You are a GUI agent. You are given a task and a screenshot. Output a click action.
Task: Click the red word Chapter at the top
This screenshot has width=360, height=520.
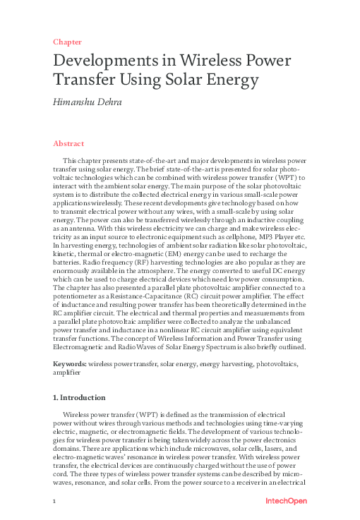point(67,42)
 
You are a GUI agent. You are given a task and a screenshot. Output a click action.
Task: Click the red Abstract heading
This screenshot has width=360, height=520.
point(68,143)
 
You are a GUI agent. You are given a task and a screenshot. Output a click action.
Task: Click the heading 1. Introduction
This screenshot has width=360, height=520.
point(83,397)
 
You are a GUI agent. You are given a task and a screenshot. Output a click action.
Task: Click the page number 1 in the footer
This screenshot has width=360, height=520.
point(54,501)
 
